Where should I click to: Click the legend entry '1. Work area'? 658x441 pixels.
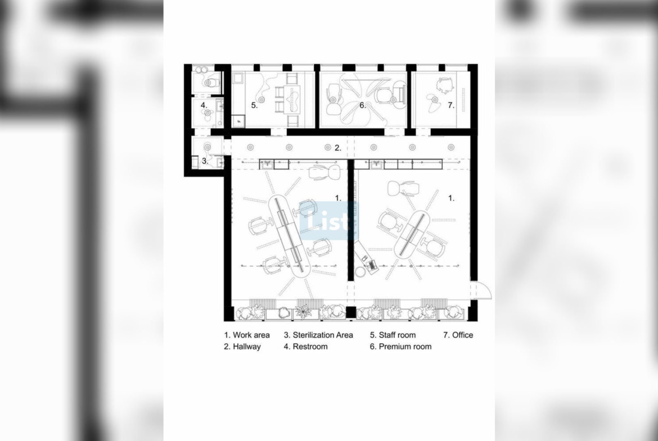[x=247, y=335]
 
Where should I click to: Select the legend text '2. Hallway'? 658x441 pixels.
[x=242, y=347]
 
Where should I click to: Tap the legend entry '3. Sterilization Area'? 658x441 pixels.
[x=318, y=335]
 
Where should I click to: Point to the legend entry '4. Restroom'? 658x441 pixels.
[x=305, y=347]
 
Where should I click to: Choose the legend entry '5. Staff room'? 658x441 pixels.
[x=393, y=335]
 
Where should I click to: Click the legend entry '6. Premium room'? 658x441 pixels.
[x=401, y=347]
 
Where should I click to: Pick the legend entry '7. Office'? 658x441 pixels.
[x=458, y=335]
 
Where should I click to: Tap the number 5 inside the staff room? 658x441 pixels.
[x=254, y=105]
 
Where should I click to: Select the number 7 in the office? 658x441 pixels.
[x=450, y=105]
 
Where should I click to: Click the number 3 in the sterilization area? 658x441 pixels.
[x=204, y=161]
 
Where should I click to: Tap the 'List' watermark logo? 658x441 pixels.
[x=330, y=220]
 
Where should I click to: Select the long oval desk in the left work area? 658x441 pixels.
[x=290, y=235]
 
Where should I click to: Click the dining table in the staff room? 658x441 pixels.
[x=292, y=100]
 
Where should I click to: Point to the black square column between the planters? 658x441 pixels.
[x=351, y=312]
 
